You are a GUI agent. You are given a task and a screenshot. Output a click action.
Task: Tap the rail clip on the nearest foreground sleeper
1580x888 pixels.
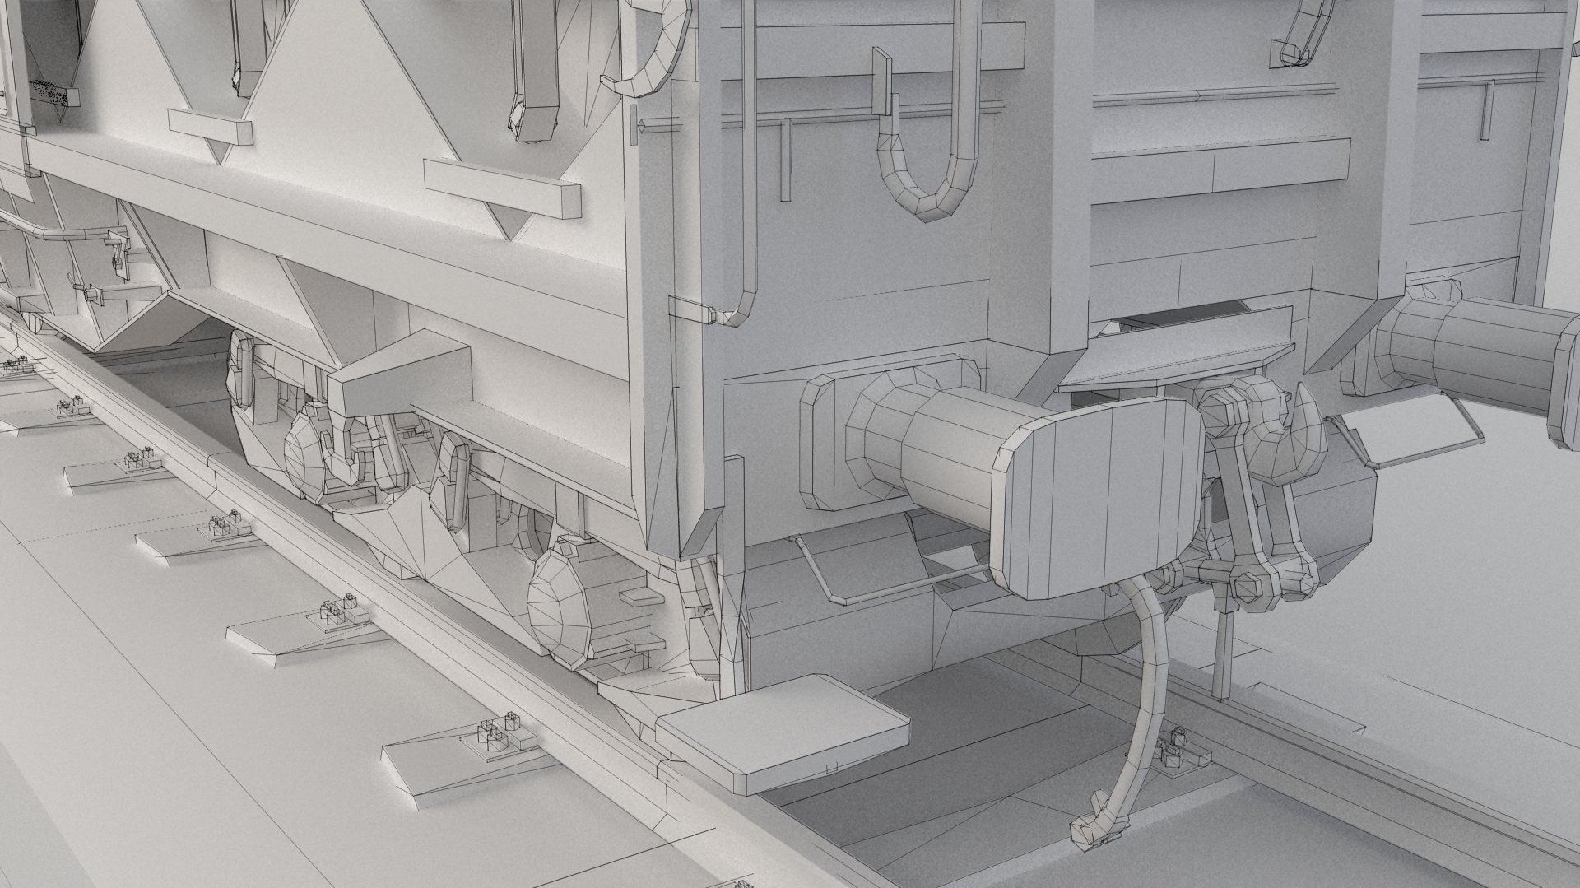pyautogui.click(x=494, y=737)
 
